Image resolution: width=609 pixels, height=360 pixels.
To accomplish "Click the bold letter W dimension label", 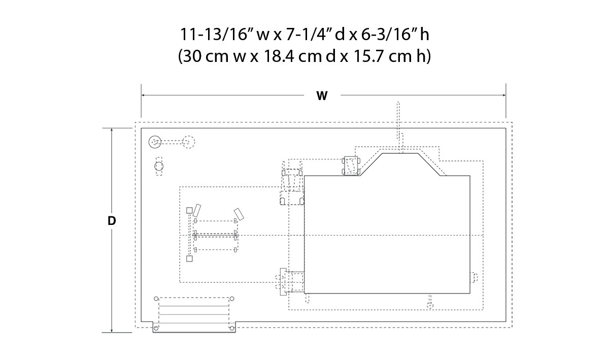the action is click(x=322, y=96).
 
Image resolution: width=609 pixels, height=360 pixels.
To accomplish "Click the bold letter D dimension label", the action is click(x=112, y=221).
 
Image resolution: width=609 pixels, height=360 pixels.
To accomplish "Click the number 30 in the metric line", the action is click(x=191, y=56).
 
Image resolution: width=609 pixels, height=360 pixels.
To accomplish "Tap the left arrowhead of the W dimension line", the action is click(x=143, y=95).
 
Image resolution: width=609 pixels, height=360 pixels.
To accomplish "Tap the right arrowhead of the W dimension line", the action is click(x=504, y=95).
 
